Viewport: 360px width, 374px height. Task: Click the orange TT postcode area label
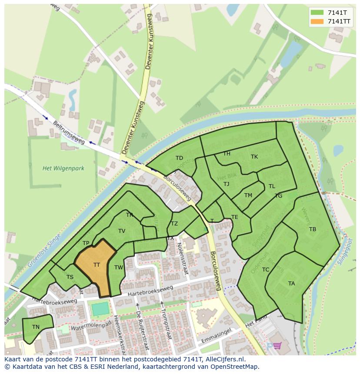click(x=97, y=265)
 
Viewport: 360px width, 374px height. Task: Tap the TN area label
click(x=36, y=327)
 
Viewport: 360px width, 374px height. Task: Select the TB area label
click(x=313, y=229)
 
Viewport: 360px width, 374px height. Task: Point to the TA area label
click(x=291, y=284)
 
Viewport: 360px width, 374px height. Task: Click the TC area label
click(x=266, y=270)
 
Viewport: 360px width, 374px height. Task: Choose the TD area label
click(x=179, y=158)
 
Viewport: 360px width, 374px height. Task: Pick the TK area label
click(x=254, y=157)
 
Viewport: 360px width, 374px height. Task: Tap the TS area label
click(x=70, y=277)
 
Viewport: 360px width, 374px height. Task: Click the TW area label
click(x=119, y=268)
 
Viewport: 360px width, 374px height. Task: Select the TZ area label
click(x=174, y=224)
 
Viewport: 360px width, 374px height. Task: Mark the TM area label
click(x=248, y=195)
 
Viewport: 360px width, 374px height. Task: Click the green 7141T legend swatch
click(x=317, y=13)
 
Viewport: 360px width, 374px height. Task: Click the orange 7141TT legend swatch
click(x=317, y=21)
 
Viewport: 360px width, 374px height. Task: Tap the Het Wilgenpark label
click(x=63, y=168)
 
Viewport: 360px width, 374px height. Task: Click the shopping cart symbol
click(x=277, y=346)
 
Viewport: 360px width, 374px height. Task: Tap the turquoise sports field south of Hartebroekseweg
click(x=100, y=309)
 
